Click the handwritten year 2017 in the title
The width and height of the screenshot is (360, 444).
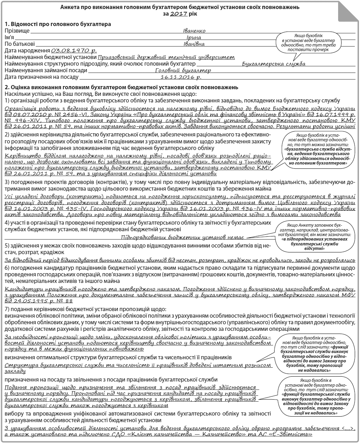(179, 14)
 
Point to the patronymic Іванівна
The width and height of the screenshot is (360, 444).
(194, 44)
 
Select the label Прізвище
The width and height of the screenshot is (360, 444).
(17, 31)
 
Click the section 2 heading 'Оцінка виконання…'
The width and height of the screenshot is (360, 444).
(122, 87)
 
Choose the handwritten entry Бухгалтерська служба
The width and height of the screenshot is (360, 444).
(273, 64)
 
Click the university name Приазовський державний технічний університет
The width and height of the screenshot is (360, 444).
(166, 57)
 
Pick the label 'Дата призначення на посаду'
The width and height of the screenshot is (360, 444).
(36, 77)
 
